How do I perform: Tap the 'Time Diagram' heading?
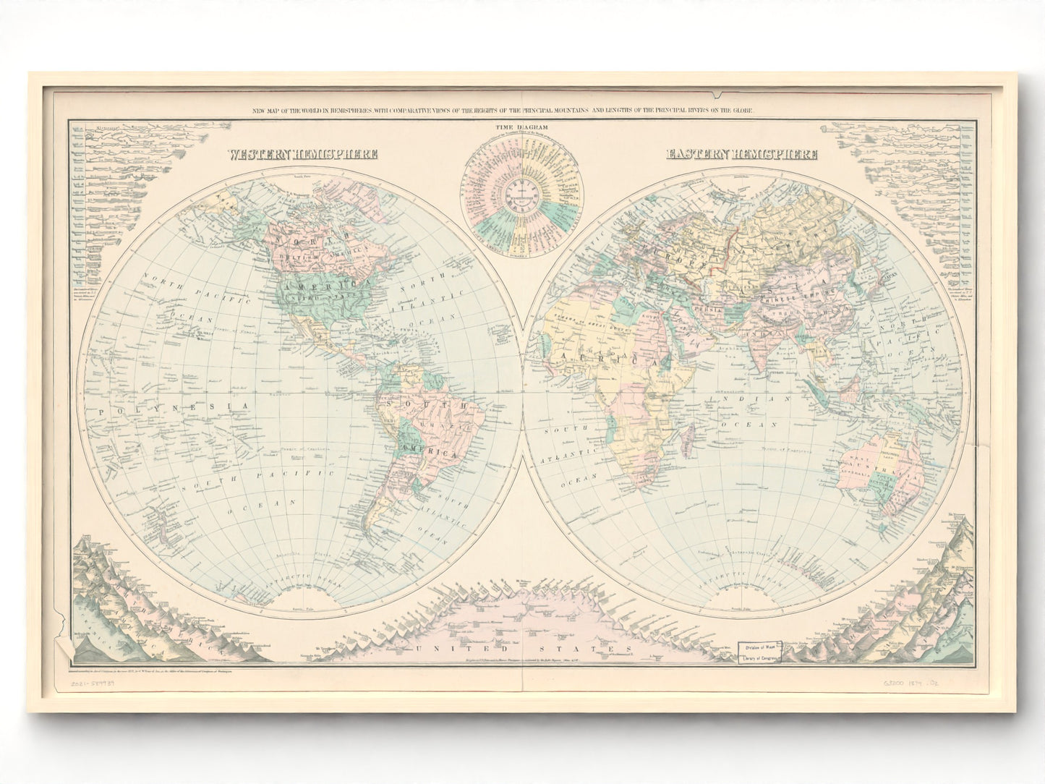click(516, 127)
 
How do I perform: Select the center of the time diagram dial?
click(516, 195)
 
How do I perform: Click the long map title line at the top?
click(502, 110)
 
